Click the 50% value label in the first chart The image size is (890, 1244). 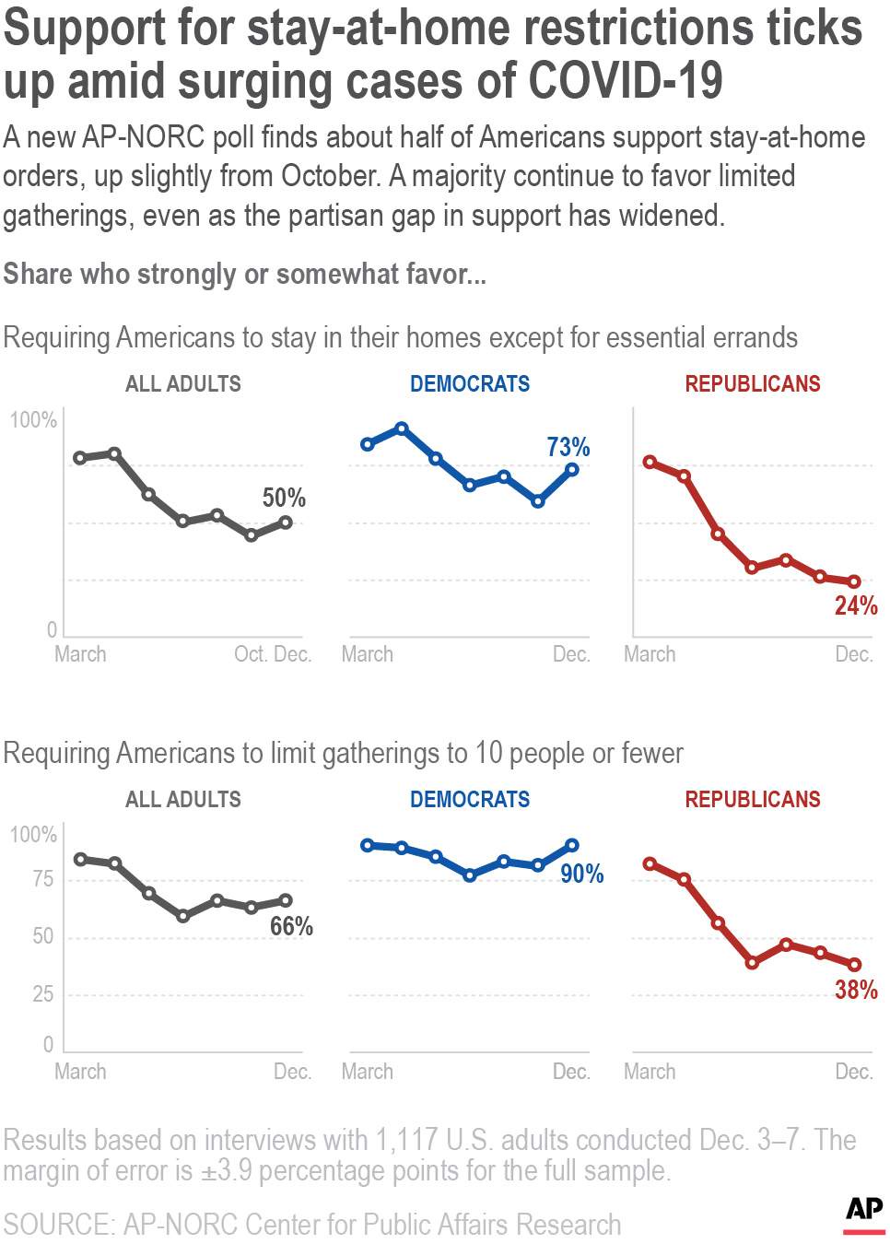point(284,498)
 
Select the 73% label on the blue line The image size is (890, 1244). point(568,447)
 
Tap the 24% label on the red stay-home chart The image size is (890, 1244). point(856,605)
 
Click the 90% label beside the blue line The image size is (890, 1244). point(582,874)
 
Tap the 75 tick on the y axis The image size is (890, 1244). point(42,879)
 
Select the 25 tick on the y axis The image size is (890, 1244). point(42,993)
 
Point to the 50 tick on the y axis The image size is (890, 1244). point(42,936)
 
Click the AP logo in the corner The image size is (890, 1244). point(864,1209)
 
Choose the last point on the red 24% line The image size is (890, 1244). point(855,582)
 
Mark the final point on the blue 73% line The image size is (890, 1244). point(572,470)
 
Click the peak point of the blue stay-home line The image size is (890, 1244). point(402,428)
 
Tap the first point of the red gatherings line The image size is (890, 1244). point(650,864)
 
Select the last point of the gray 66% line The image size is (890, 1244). point(286,900)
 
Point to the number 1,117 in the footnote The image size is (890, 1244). point(406,1140)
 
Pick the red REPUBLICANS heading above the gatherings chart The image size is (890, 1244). point(753,799)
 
